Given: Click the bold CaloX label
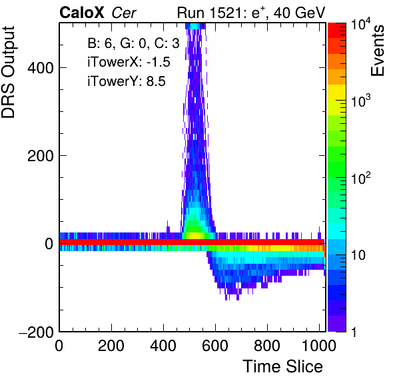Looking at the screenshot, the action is pyautogui.click(x=82, y=13).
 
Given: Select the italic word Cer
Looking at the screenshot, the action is pyautogui.click(x=124, y=13).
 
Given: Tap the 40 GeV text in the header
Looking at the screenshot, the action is pyautogui.click(x=299, y=13).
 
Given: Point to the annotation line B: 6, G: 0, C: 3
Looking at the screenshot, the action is pyautogui.click(x=133, y=43).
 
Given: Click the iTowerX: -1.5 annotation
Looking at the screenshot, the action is pyautogui.click(x=129, y=62).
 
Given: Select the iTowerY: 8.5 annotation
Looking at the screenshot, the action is pyautogui.click(x=127, y=81).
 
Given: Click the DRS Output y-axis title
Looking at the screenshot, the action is pyautogui.click(x=8, y=72).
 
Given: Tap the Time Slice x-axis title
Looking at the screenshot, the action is pyautogui.click(x=283, y=366).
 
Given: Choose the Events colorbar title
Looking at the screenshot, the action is pyautogui.click(x=378, y=51).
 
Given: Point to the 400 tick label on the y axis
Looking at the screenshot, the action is pyautogui.click(x=41, y=68).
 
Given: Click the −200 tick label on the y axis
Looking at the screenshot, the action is pyautogui.click(x=36, y=332).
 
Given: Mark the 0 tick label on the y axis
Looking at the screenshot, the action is pyautogui.click(x=49, y=244).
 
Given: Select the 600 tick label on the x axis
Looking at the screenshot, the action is pyautogui.click(x=215, y=345).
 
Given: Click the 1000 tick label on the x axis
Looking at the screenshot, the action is pyautogui.click(x=319, y=345).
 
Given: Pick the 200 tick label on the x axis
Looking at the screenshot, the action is pyautogui.click(x=111, y=345).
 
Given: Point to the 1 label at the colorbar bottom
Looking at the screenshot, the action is pyautogui.click(x=354, y=332).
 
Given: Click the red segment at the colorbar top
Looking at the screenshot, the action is pyautogui.click(x=337, y=31).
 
